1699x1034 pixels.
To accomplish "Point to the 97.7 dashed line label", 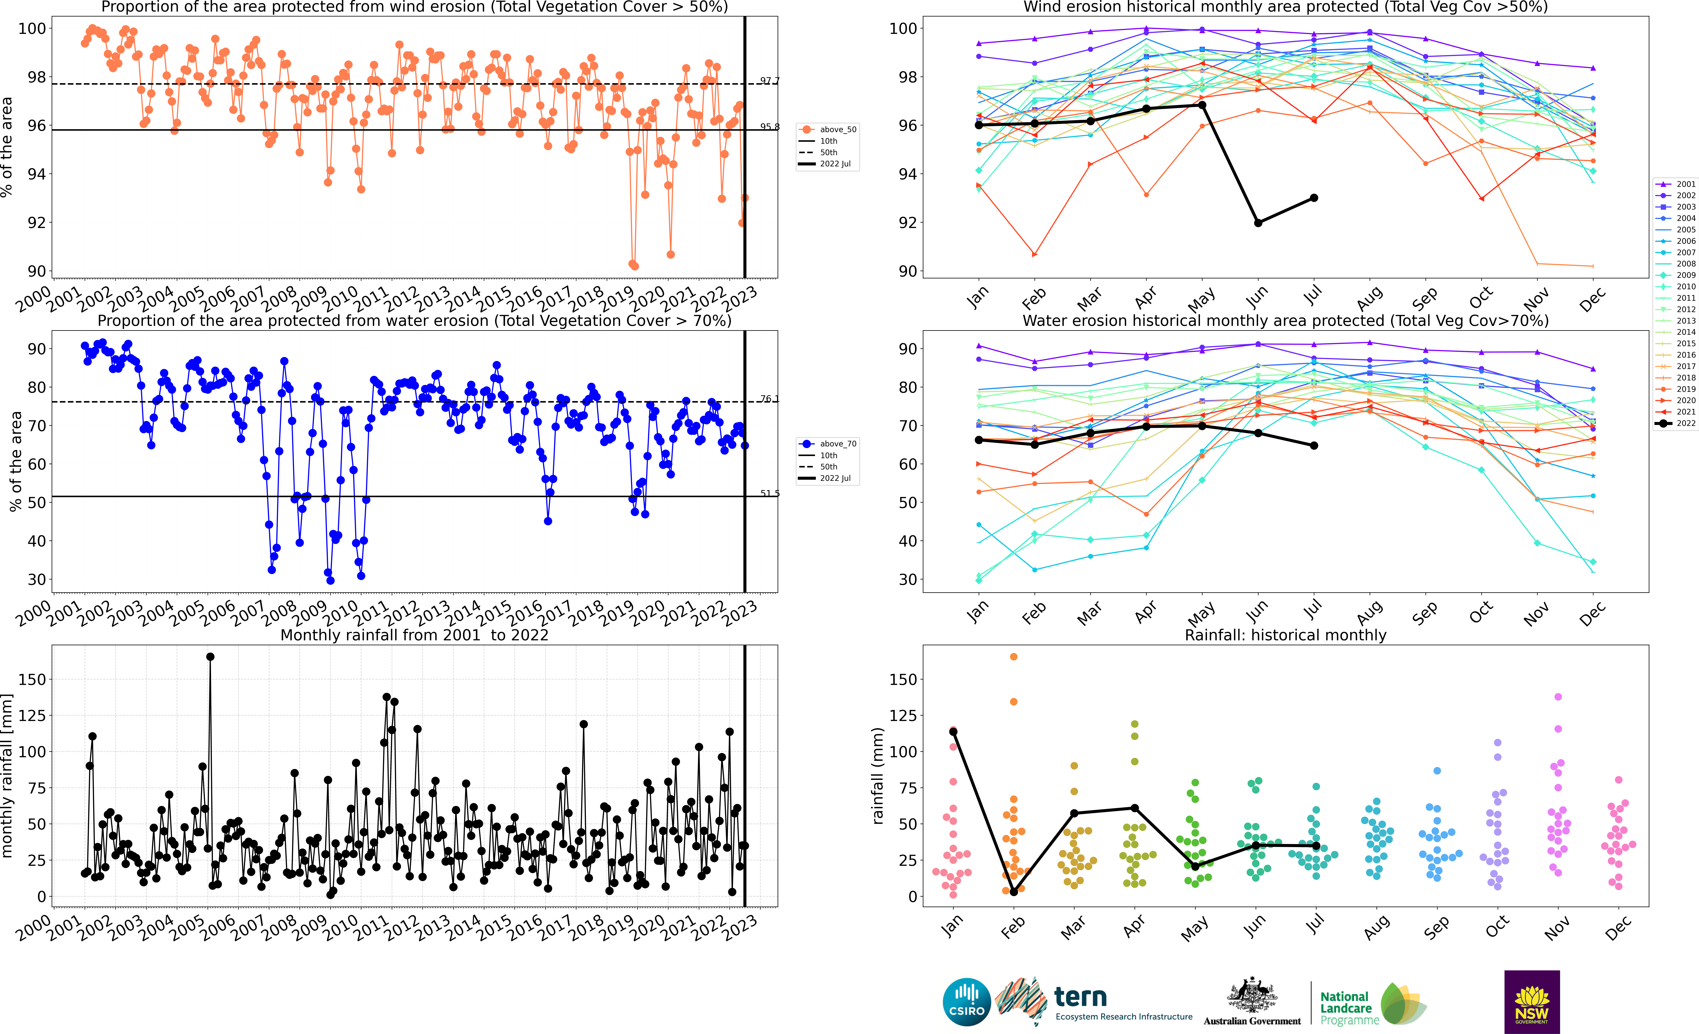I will (769, 81).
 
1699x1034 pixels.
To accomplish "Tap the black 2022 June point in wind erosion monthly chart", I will (1258, 223).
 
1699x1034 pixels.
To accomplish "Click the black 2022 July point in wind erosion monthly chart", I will (1314, 198).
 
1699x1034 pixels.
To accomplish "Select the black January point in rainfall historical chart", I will (954, 732).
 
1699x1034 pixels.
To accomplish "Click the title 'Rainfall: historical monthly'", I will (1285, 635).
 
